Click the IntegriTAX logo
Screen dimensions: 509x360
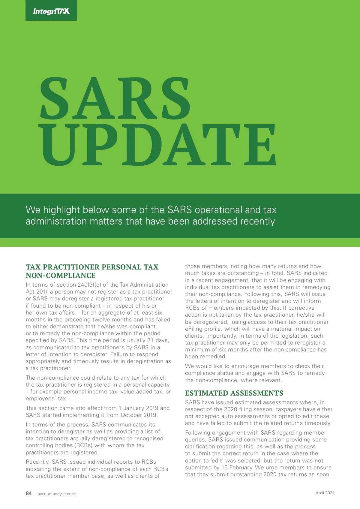pos(51,11)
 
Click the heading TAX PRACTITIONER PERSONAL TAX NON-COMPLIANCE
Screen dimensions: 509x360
pos(92,271)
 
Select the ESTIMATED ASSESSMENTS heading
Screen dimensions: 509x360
pos(234,393)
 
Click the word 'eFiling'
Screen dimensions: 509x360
pos(195,329)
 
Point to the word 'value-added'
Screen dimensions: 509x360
pos(136,392)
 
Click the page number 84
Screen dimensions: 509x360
pos(29,493)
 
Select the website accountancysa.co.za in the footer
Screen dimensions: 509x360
pos(57,494)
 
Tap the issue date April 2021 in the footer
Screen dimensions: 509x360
pos(325,493)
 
